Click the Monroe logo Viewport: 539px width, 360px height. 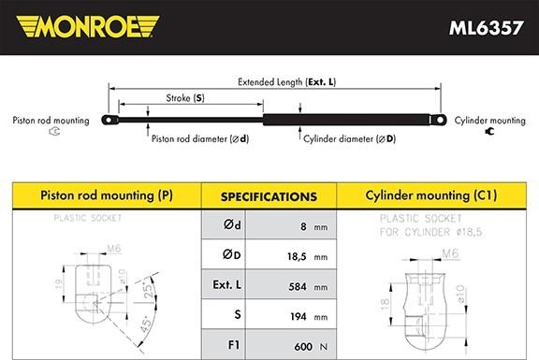[88, 26]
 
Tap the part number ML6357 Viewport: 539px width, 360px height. [486, 28]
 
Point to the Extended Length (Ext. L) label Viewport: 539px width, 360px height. [286, 82]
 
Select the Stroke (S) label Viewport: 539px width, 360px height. [185, 98]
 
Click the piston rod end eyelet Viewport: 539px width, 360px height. [109, 120]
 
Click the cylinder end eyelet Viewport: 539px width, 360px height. [439, 120]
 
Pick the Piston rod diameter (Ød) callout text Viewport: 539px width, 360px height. [200, 138]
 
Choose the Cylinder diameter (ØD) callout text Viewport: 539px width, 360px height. [350, 138]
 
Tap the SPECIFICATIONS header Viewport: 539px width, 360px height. [269, 197]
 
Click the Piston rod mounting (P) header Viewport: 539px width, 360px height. [107, 195]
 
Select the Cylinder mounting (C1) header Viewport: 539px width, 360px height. [431, 195]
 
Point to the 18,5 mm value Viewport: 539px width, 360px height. [307, 256]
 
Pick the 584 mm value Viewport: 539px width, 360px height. [308, 286]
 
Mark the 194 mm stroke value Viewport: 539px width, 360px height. [309, 316]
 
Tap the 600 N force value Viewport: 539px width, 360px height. [311, 347]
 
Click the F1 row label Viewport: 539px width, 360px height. [234, 345]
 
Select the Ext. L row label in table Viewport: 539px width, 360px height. [226, 285]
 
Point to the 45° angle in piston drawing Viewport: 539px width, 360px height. [146, 324]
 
